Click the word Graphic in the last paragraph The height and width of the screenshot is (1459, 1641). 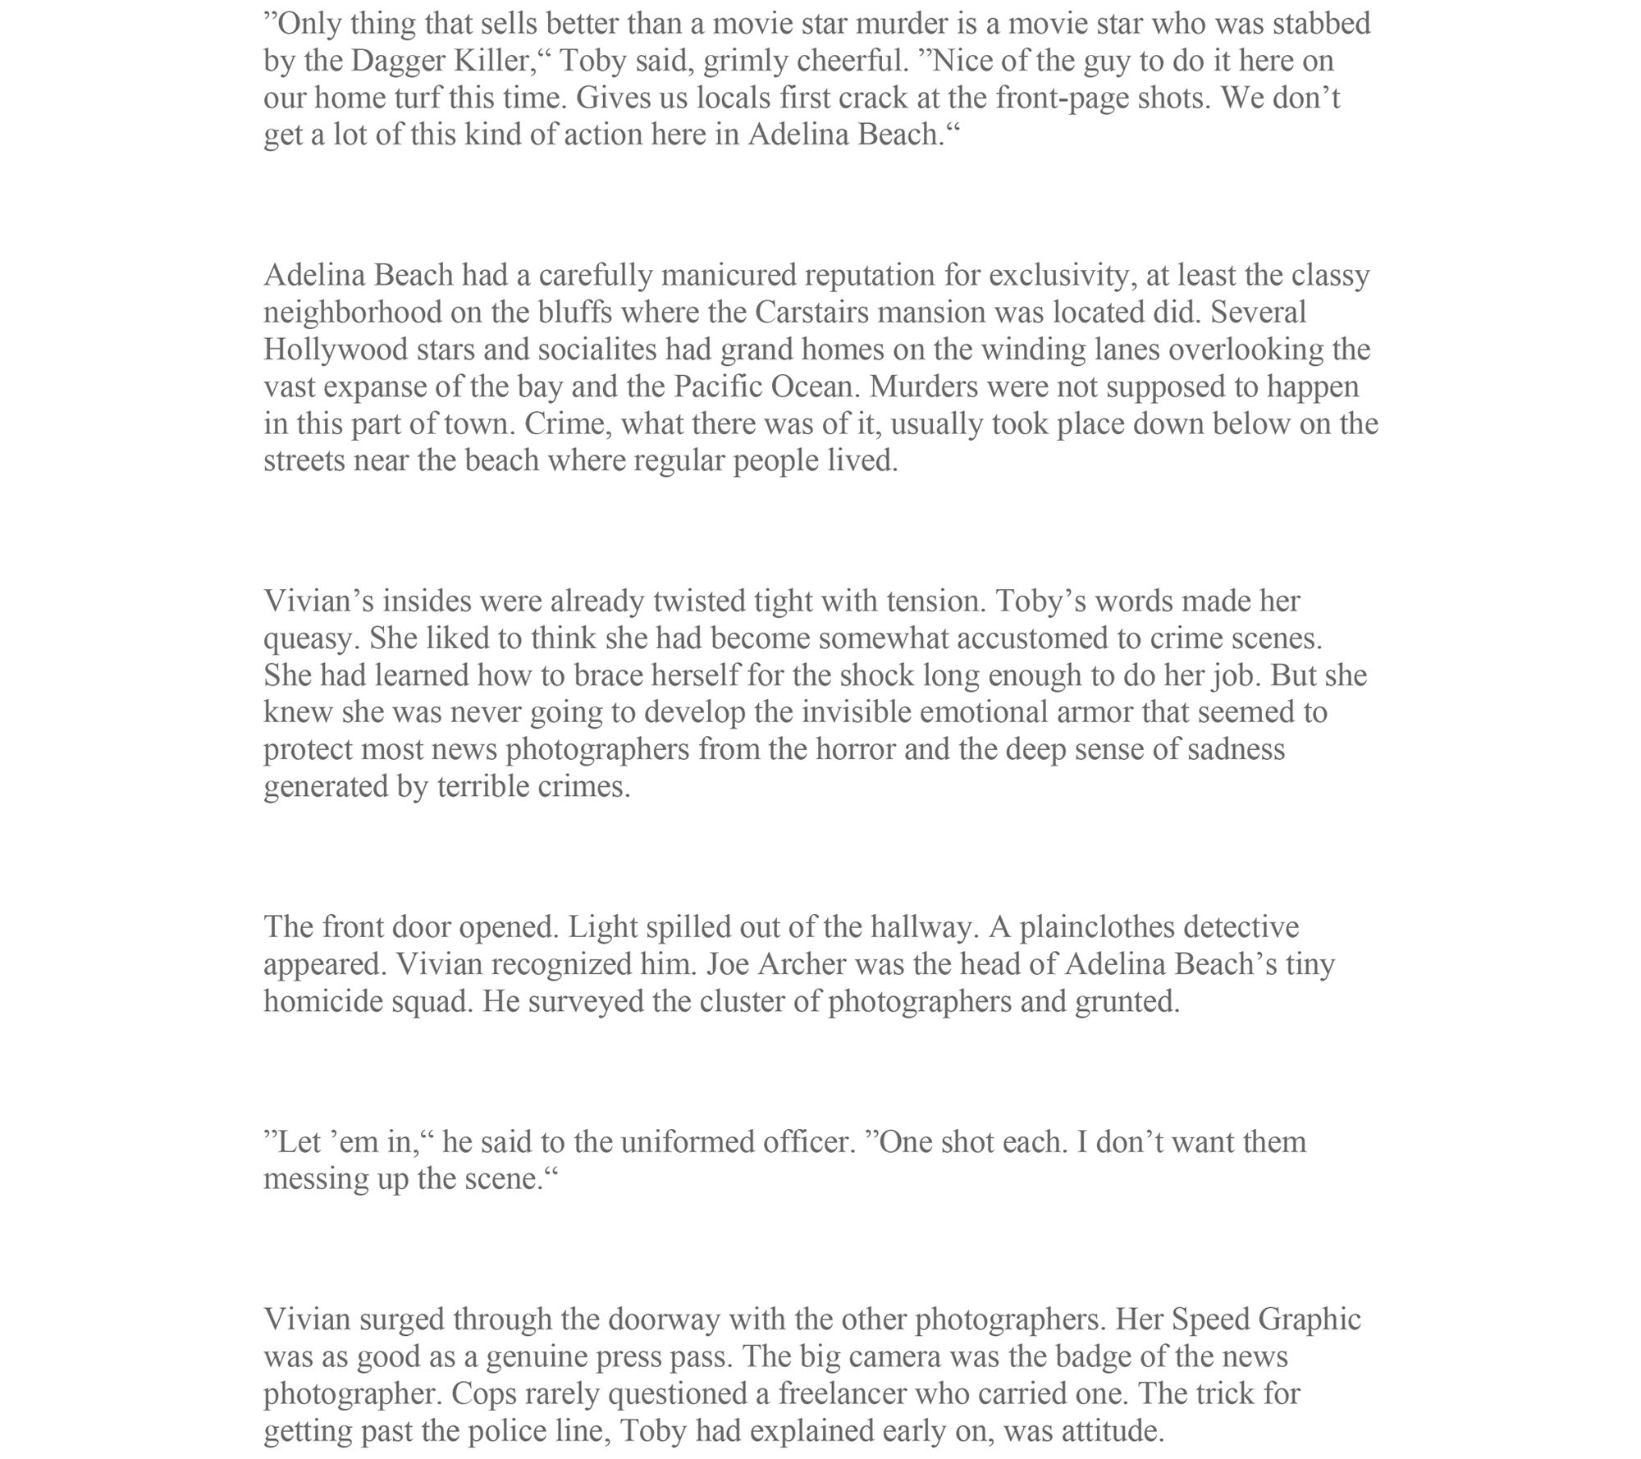[x=1309, y=1320]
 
